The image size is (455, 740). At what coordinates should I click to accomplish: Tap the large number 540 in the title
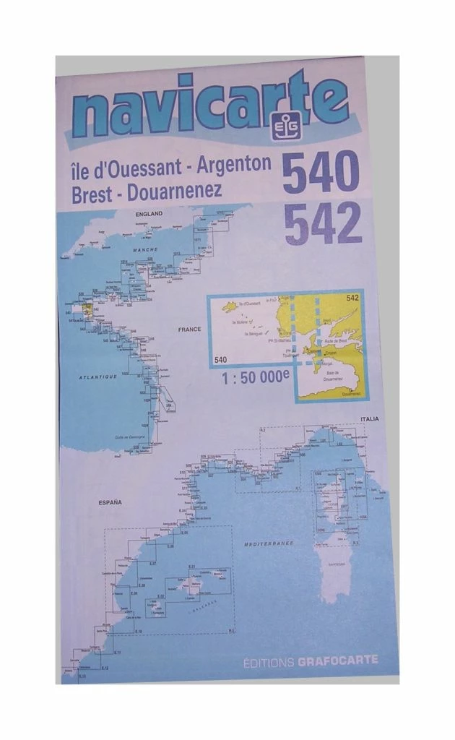tap(320, 172)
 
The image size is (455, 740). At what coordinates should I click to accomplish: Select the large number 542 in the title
tap(323, 224)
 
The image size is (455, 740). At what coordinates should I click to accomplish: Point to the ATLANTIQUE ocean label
tap(97, 377)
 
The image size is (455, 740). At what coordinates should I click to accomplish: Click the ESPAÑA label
tap(110, 502)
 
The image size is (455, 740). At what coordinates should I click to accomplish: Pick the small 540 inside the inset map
tap(221, 358)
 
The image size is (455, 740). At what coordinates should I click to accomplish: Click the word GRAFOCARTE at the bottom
tap(338, 660)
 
